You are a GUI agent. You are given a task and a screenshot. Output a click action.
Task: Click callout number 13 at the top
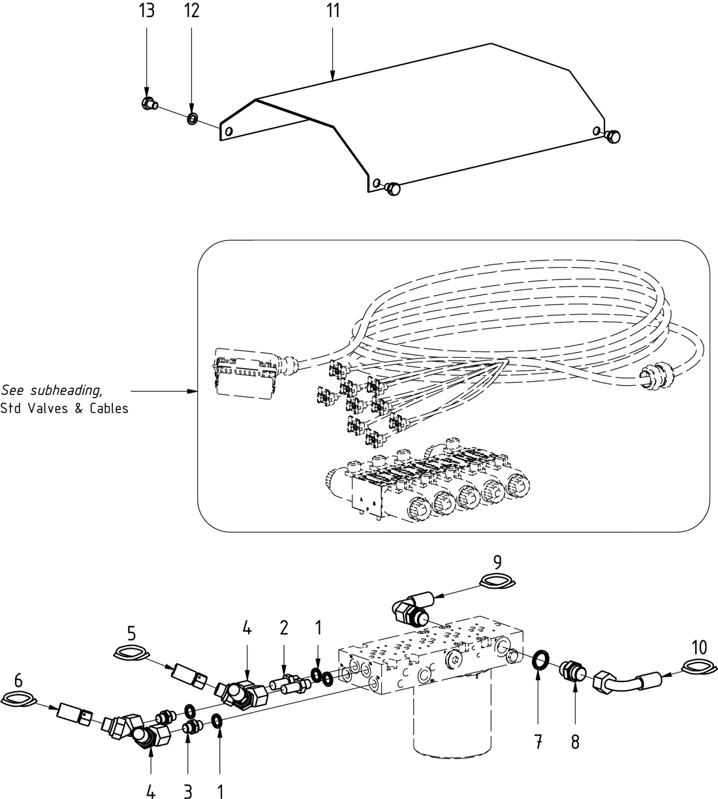click(x=147, y=11)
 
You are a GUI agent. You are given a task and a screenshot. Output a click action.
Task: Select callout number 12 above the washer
click(x=191, y=11)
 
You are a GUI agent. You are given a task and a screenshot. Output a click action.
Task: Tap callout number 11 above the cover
click(x=333, y=14)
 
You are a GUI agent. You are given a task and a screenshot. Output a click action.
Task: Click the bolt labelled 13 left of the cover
click(x=148, y=102)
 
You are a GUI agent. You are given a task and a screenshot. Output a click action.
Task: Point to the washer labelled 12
click(x=193, y=118)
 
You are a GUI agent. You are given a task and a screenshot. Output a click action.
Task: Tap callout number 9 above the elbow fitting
click(x=497, y=561)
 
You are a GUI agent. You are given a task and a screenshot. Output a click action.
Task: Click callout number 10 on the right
click(x=699, y=648)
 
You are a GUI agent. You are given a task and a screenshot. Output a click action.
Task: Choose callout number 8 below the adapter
click(x=575, y=742)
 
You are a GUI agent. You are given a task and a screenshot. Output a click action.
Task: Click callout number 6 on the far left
click(x=18, y=680)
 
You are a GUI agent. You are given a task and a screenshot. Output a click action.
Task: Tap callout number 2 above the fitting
click(x=284, y=628)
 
